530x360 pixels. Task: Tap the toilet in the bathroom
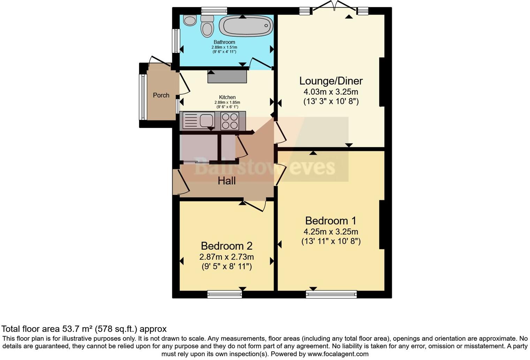click(207, 27)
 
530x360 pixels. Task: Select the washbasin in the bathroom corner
click(190, 21)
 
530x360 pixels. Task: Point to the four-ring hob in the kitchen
click(230, 121)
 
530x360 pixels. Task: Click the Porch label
click(161, 95)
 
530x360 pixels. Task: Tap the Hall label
click(227, 181)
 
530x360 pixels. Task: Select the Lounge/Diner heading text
click(331, 81)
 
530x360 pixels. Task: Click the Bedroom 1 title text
click(331, 221)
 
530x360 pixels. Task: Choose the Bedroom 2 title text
click(227, 246)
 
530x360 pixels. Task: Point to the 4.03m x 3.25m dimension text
click(331, 92)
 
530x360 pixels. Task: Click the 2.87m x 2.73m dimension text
click(227, 257)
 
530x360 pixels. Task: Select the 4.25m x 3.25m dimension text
click(331, 232)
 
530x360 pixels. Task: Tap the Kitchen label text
click(227, 97)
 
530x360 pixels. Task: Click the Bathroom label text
click(224, 42)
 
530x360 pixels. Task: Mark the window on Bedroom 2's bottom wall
click(225, 294)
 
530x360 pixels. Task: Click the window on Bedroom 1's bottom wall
click(331, 294)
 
